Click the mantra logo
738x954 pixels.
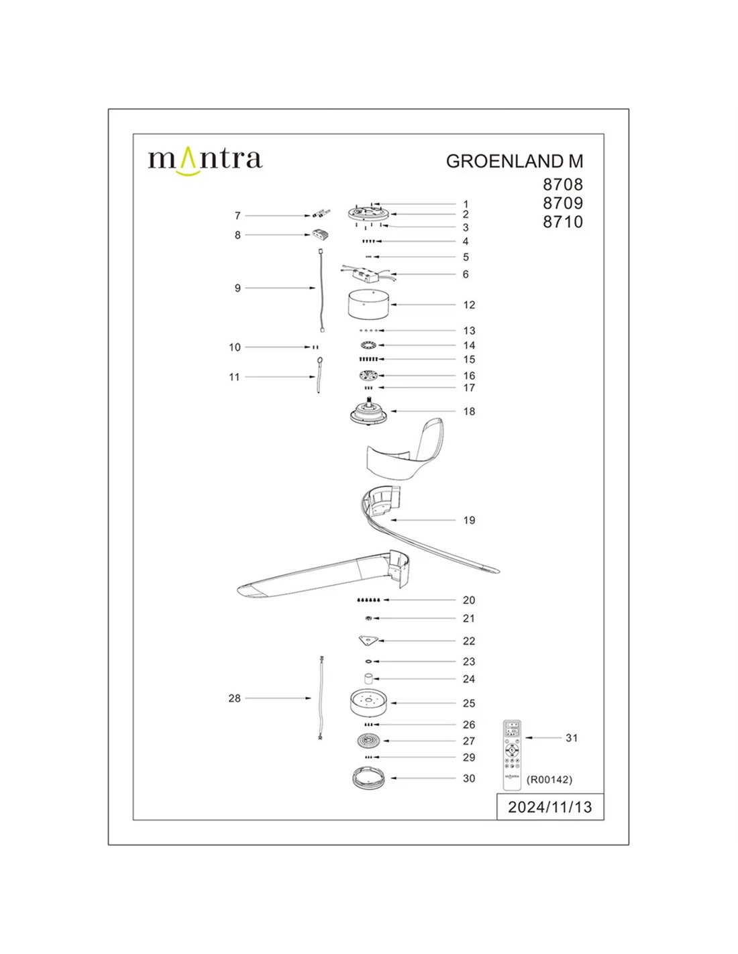[205, 160]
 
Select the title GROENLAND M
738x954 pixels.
[515, 162]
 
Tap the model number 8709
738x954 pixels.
[563, 203]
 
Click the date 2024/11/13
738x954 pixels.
[549, 807]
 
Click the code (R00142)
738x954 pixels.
[549, 780]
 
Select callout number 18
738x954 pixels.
[469, 411]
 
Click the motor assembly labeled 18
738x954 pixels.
[368, 411]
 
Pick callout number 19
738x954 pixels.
[469, 520]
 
